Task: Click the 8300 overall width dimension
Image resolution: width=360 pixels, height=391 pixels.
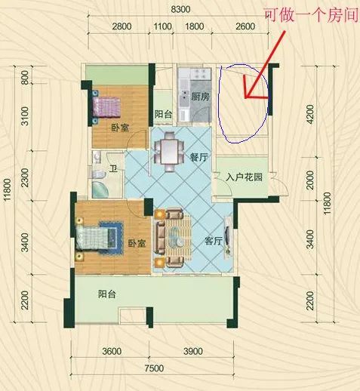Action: click(180, 9)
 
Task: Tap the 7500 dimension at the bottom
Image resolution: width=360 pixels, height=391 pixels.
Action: click(154, 368)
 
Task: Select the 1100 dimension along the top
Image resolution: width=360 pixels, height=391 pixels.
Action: click(162, 26)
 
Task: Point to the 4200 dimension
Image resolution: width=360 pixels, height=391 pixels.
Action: click(311, 115)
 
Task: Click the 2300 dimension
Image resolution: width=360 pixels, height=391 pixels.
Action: click(25, 178)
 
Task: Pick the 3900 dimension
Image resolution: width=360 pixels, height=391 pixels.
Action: click(193, 351)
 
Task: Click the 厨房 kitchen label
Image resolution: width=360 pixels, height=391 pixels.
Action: click(200, 97)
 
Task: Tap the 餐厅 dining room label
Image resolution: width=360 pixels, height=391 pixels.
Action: click(198, 158)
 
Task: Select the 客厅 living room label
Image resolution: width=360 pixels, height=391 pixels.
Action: click(214, 241)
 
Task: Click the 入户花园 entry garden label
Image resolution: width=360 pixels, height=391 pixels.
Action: click(244, 177)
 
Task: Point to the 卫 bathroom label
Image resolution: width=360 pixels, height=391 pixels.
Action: click(113, 168)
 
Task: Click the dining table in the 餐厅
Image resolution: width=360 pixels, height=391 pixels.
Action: click(169, 152)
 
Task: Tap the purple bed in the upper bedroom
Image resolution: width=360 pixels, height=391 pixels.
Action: click(106, 107)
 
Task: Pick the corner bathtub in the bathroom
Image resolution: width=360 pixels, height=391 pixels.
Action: click(100, 189)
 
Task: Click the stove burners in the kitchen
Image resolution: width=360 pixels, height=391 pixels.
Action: click(202, 73)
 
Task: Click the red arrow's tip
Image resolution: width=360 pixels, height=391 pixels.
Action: click(245, 97)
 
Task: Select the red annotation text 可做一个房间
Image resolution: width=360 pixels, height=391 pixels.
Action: click(312, 16)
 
